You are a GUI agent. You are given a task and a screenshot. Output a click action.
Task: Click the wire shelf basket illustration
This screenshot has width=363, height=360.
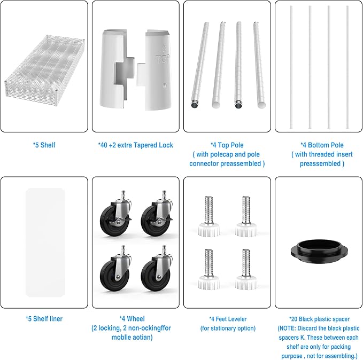point(44,71)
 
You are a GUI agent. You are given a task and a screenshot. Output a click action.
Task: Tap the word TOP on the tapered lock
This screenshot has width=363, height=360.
point(163,59)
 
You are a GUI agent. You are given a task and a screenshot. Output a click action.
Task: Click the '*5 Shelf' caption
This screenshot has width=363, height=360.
point(44,145)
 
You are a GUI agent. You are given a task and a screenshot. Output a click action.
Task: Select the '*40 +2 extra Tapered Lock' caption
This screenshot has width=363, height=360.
point(136,145)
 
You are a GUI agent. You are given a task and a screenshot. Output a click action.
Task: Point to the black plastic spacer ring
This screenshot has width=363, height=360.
point(319,251)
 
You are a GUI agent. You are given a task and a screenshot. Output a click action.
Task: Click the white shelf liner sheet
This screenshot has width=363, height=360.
point(45,242)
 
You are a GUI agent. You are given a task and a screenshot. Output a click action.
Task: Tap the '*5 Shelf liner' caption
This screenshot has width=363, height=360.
point(44,318)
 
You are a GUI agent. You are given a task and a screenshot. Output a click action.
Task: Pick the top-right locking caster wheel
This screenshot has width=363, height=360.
point(157,216)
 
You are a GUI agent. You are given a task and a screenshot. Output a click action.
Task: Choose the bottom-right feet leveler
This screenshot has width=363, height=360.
point(246,269)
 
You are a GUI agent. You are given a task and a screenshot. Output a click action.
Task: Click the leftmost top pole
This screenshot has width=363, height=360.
point(200,65)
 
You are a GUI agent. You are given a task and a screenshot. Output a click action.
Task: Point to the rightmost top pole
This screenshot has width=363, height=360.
point(259,65)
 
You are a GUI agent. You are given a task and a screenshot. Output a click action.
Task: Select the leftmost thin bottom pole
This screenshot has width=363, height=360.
point(291,67)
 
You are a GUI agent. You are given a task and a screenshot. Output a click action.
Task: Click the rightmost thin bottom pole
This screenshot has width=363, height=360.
point(347,67)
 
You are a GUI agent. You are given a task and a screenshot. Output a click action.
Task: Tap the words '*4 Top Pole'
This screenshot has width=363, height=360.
point(227,145)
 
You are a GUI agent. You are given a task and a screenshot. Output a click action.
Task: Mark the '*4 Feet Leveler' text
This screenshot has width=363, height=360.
point(228,319)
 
